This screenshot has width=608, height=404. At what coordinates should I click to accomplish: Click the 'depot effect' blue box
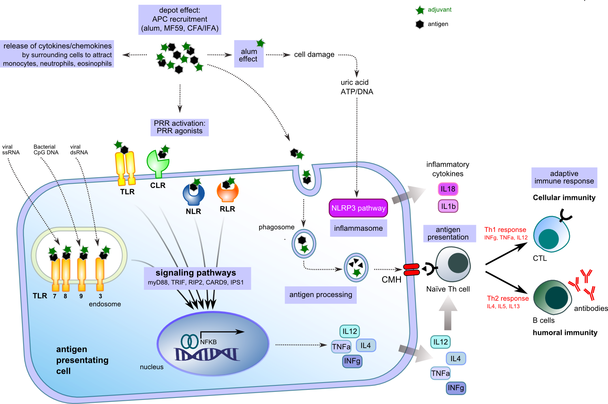[x=180, y=19]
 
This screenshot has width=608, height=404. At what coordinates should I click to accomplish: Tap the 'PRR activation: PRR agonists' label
[x=180, y=127]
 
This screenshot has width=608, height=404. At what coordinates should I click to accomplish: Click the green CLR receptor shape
[x=157, y=163]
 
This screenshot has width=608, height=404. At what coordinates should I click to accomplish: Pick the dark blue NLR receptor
[x=193, y=194]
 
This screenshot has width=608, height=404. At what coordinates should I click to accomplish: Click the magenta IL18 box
[x=448, y=189]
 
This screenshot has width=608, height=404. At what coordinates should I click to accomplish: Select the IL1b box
[x=448, y=206]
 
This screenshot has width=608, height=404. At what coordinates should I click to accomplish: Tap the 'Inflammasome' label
[x=358, y=228]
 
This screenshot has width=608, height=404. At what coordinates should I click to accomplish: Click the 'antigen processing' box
[x=321, y=295]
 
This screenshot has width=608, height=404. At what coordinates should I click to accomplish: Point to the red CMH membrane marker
[x=411, y=270]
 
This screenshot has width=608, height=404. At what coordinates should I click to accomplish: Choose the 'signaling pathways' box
[x=197, y=278]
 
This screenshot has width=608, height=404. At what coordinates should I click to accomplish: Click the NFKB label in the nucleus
[x=208, y=342]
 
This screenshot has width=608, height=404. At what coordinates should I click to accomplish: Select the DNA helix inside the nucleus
[x=207, y=354]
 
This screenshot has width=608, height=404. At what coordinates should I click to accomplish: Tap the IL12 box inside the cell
[x=350, y=332]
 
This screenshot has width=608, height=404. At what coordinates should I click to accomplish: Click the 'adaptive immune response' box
[x=564, y=178]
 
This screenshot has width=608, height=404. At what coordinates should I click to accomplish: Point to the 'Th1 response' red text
[x=505, y=230]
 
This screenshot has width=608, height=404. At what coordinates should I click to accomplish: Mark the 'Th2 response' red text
[x=507, y=298]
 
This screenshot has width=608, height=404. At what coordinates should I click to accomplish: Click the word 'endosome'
[x=105, y=304]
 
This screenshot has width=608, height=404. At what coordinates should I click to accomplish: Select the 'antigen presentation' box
[x=448, y=234]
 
